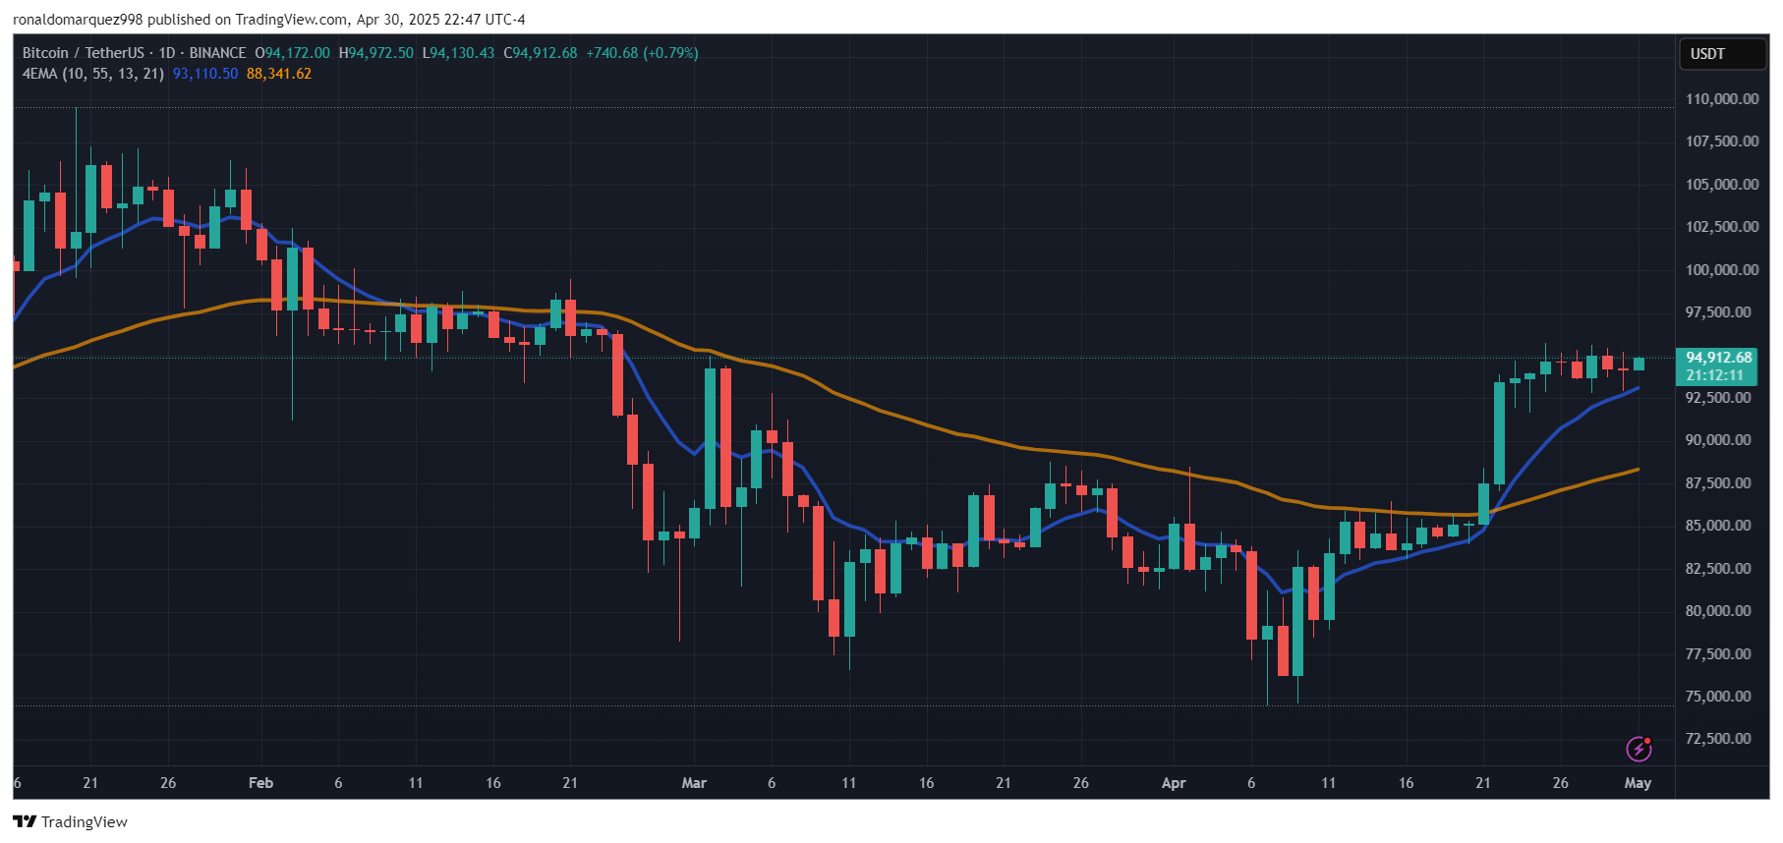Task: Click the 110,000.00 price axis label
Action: (x=1721, y=99)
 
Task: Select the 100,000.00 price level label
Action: (x=1721, y=270)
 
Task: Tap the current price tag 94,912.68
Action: (x=1718, y=358)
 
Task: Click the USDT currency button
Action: (x=1707, y=54)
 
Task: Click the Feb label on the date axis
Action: (x=260, y=783)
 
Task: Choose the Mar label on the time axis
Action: (x=694, y=783)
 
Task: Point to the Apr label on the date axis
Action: (x=1174, y=783)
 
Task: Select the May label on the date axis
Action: (x=1638, y=783)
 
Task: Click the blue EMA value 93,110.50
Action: (x=205, y=74)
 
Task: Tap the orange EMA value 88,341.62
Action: (x=279, y=74)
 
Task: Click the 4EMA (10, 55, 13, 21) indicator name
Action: (x=93, y=74)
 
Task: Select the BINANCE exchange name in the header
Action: (x=217, y=53)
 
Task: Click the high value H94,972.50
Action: (x=376, y=53)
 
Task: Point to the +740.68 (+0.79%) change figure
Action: (x=642, y=53)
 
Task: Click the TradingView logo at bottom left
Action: (x=71, y=821)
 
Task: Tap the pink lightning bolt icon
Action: (x=1638, y=749)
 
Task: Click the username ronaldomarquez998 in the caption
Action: (x=78, y=20)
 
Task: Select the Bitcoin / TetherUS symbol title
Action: (x=84, y=53)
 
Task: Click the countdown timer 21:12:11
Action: (x=1714, y=375)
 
